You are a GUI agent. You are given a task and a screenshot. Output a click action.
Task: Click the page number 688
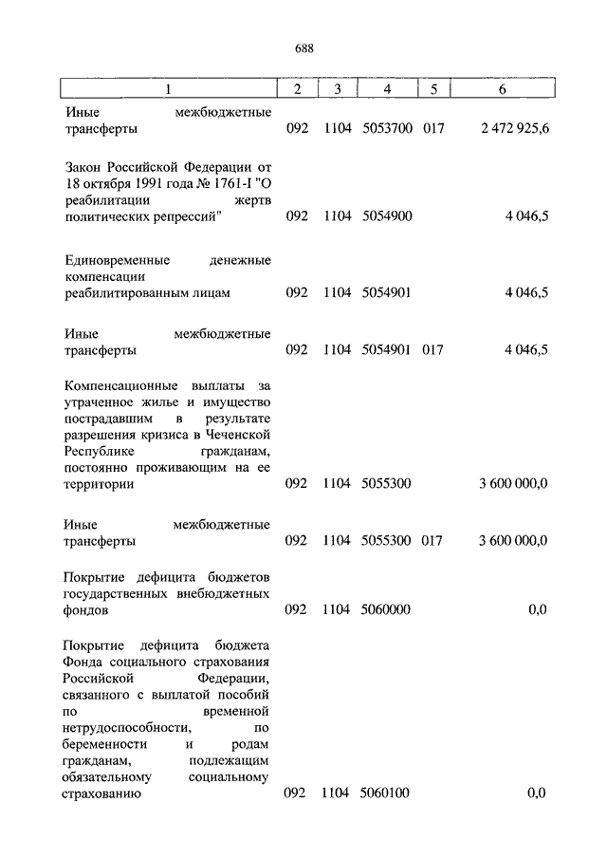(303, 48)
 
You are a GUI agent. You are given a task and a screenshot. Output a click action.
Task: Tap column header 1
(168, 89)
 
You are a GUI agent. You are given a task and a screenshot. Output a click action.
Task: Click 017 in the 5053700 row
(433, 128)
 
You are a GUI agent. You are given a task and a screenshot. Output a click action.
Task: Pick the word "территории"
(99, 484)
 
